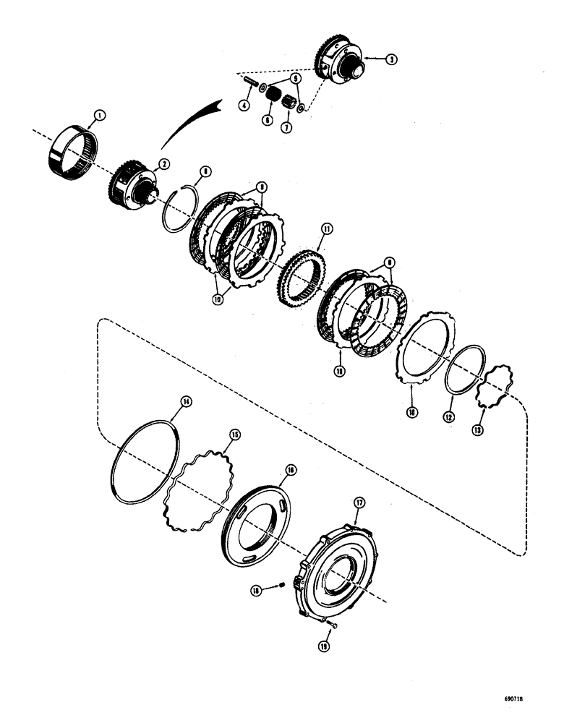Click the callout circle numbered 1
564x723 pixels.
point(100,114)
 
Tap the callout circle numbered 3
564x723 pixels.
point(390,61)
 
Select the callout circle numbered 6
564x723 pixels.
point(268,121)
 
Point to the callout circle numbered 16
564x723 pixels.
point(290,469)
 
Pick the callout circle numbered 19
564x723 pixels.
point(324,647)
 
